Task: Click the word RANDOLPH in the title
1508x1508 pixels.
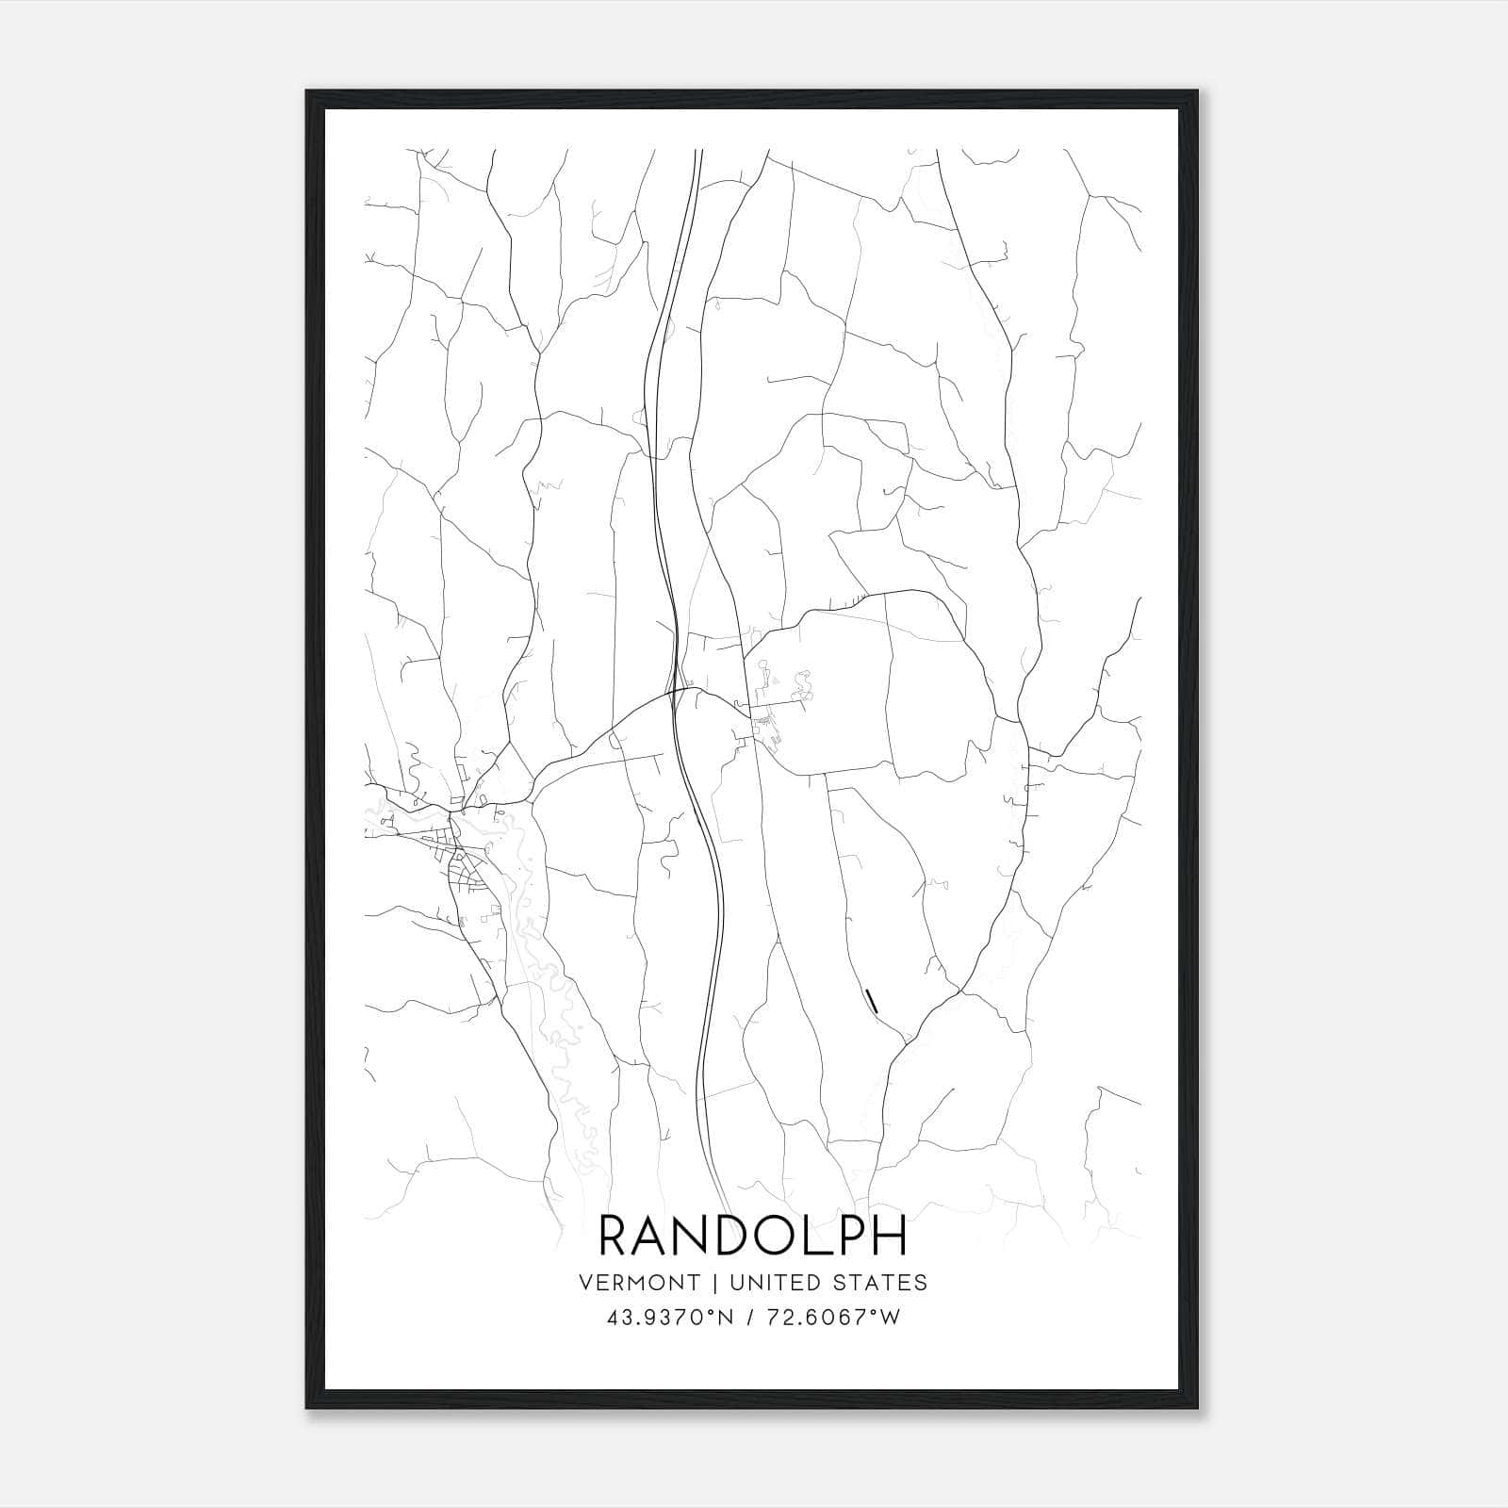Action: (x=753, y=1236)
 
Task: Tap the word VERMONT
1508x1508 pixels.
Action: (x=640, y=1283)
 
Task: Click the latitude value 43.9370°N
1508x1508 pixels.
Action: (x=670, y=1319)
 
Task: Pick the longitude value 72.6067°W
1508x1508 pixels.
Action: (x=837, y=1319)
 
